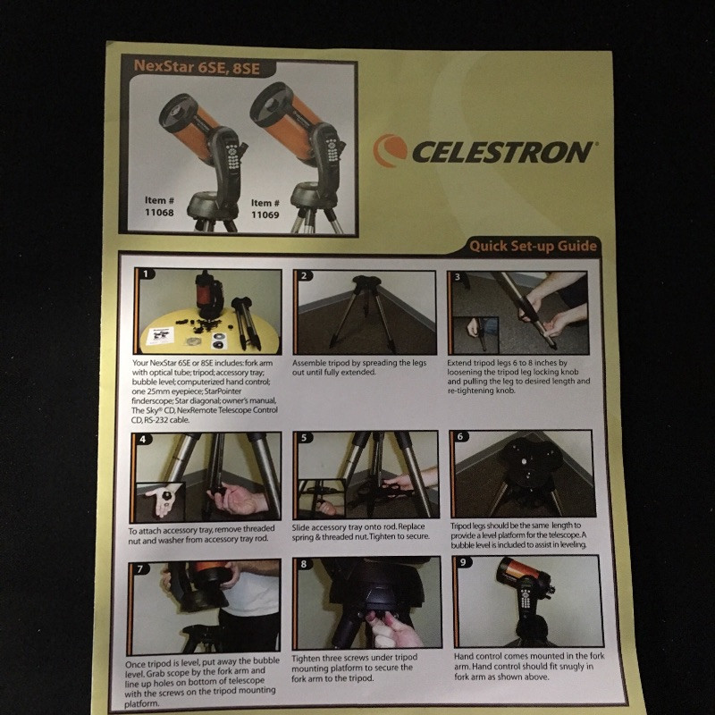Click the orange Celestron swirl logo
(x=390, y=150)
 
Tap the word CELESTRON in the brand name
(x=503, y=152)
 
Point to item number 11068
(x=159, y=212)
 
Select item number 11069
(x=265, y=214)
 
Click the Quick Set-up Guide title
(x=533, y=247)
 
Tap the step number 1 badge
(x=146, y=273)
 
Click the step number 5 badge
(x=304, y=438)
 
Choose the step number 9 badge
(x=463, y=562)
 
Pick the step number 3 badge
(x=458, y=277)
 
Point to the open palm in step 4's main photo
(x=236, y=500)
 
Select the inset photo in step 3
(x=475, y=335)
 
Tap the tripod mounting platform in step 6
(x=528, y=461)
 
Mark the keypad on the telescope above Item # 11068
(x=231, y=156)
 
